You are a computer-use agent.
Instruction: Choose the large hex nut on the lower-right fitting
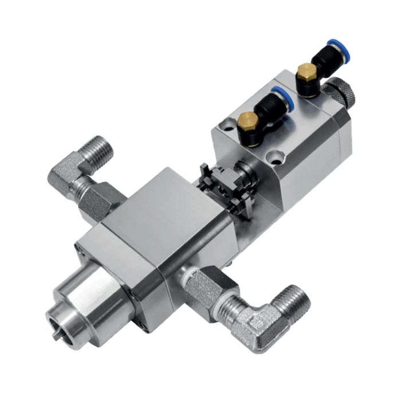click(203, 285)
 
